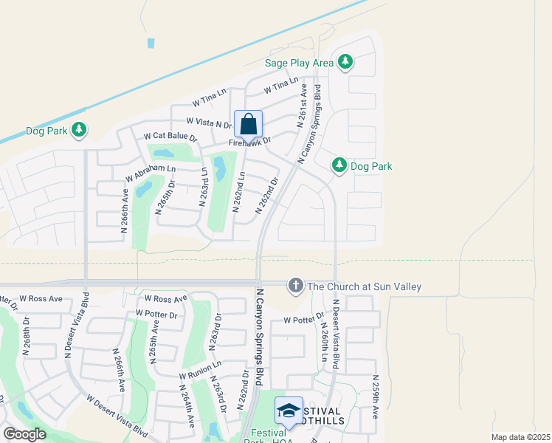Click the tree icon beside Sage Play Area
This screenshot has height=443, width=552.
click(345, 62)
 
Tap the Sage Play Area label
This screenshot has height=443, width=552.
click(299, 63)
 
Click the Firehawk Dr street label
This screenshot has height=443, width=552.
click(249, 142)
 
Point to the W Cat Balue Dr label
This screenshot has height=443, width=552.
click(170, 137)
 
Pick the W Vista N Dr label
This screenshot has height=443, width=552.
click(209, 122)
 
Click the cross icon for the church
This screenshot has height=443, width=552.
click(295, 286)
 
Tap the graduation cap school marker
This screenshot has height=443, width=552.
click(289, 411)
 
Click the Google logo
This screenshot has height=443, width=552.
click(25, 434)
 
